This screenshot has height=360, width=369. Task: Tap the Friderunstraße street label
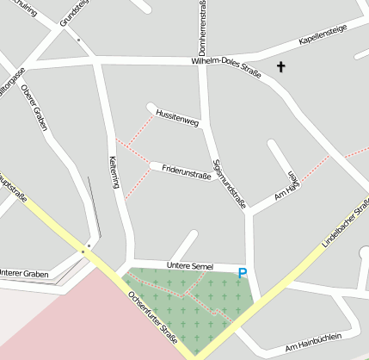pyautogui.click(x=187, y=171)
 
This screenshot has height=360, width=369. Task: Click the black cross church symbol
pyautogui.click(x=280, y=66)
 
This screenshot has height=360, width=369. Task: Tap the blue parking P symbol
pyautogui.click(x=243, y=273)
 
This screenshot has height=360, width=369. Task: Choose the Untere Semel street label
pyautogui.click(x=189, y=266)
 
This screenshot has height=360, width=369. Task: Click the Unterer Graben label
pyautogui.click(x=23, y=273)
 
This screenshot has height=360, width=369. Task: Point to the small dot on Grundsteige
pyautogui.click(x=77, y=40)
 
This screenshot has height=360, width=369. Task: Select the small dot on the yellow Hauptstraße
pyautogui.click(x=84, y=251)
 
